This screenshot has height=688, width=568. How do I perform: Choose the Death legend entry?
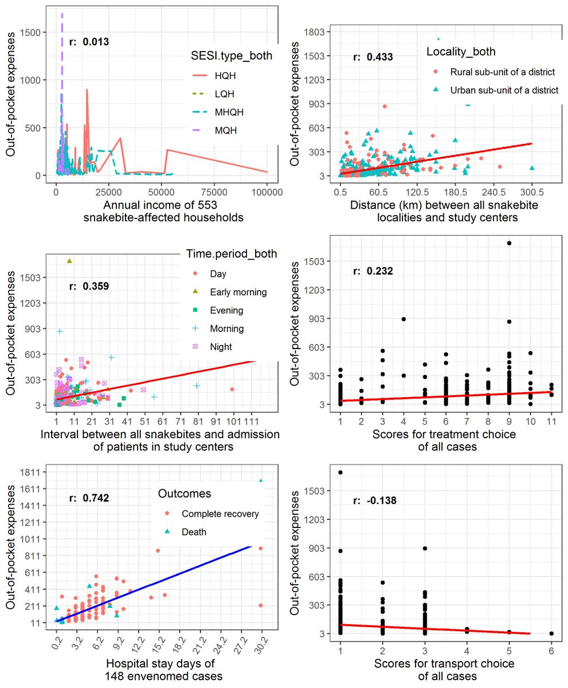(194, 532)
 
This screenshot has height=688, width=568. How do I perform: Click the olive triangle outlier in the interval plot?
(69, 261)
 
